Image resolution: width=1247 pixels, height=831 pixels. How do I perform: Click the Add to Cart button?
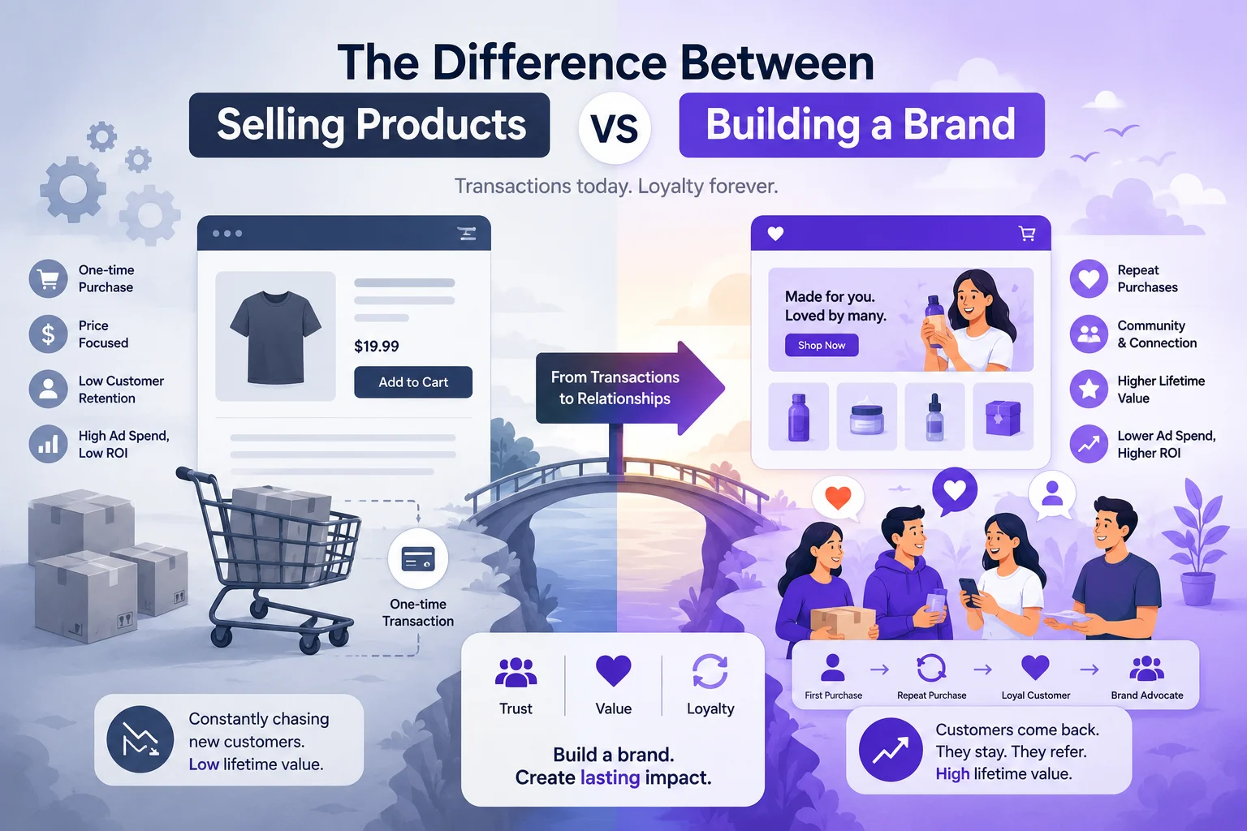[x=413, y=382]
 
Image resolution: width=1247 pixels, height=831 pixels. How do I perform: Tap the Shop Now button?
[x=821, y=345]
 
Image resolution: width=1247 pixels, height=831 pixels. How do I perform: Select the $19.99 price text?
[x=377, y=347]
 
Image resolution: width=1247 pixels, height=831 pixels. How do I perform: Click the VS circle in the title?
[x=615, y=127]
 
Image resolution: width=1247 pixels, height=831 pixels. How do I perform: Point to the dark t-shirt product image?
[x=275, y=336]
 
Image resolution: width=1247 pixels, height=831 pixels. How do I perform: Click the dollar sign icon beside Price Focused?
[x=49, y=334]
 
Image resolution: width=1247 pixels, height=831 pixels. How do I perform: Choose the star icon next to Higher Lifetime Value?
[x=1089, y=389]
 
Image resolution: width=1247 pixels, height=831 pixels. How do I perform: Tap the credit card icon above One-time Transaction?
[x=418, y=558]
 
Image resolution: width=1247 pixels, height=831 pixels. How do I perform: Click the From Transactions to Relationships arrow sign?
[x=630, y=388]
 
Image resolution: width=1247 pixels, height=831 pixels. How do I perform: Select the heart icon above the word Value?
[x=614, y=670]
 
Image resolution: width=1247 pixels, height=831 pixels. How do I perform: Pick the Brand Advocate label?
[x=1147, y=695]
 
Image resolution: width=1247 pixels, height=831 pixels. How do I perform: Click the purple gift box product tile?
[x=1003, y=416]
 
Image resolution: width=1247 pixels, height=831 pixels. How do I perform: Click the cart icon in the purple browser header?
[x=1026, y=233]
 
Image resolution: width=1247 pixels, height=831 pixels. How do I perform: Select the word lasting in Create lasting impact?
[x=611, y=777]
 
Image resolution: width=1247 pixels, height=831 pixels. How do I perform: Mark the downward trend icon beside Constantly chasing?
[x=140, y=739]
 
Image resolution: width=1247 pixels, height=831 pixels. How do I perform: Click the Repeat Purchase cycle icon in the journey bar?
[x=931, y=668]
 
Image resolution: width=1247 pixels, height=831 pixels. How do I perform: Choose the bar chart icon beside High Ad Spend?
[x=49, y=444]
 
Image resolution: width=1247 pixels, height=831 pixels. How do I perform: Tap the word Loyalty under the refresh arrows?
[x=710, y=708]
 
